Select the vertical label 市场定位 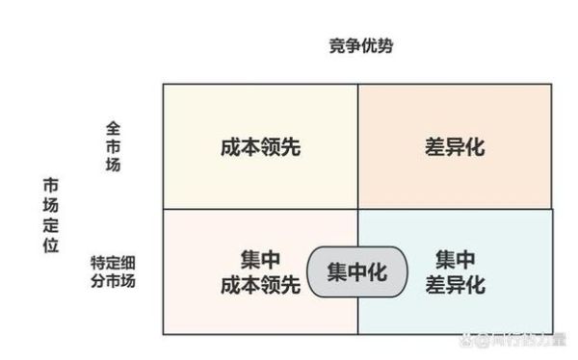point(50,214)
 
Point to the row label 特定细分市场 point(114,271)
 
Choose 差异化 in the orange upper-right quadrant point(454,147)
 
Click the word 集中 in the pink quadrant point(260,260)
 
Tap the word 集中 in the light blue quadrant point(455,260)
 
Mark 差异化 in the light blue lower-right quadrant point(455,285)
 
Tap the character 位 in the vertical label point(50,244)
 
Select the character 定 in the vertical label point(50,224)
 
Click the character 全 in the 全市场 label point(113,128)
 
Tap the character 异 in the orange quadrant point(454,147)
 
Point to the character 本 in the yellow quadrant point(248,147)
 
